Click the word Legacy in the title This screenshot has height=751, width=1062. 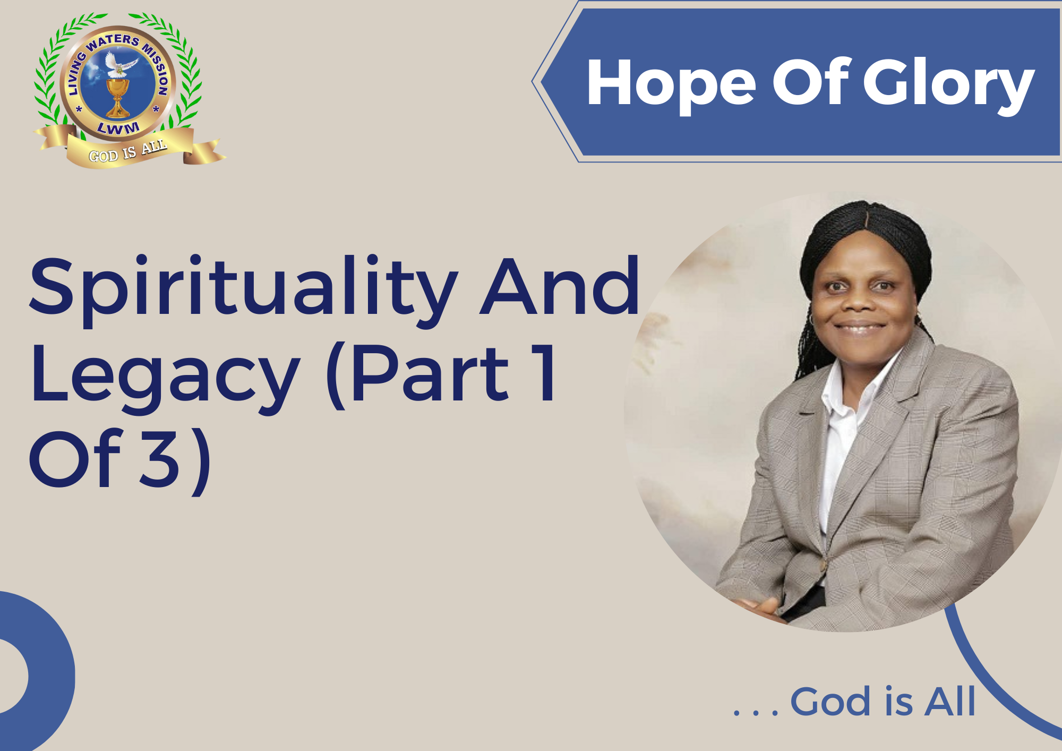coord(165,377)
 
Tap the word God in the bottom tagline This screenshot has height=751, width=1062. coord(833,702)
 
